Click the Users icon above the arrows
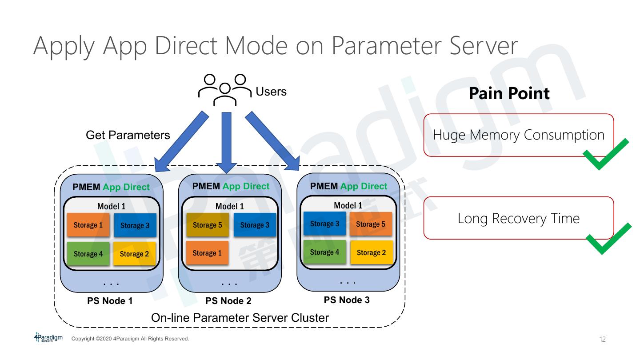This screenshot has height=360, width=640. tap(224, 89)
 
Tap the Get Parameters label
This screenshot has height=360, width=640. tap(128, 135)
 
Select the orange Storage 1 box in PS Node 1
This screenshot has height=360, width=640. tap(88, 225)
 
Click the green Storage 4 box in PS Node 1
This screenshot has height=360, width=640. tap(88, 254)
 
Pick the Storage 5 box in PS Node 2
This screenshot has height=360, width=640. tap(207, 225)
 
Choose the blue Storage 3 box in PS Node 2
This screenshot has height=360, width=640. tap(255, 225)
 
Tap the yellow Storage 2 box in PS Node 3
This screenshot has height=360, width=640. tap(372, 252)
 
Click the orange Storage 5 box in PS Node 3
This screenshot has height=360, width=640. tap(371, 224)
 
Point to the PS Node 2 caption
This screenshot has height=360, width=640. tap(228, 301)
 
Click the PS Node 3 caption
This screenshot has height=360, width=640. tap(347, 300)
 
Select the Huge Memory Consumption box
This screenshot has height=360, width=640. tap(518, 135)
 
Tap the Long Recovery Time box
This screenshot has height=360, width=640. tap(518, 218)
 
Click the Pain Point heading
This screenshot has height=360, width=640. tap(509, 93)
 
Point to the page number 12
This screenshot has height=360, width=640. tap(602, 340)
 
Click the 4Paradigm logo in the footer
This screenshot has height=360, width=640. tap(48, 337)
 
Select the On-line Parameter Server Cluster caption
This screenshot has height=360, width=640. tap(240, 318)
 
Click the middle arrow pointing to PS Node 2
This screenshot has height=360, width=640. tap(227, 142)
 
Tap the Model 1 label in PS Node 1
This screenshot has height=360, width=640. tap(111, 207)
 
